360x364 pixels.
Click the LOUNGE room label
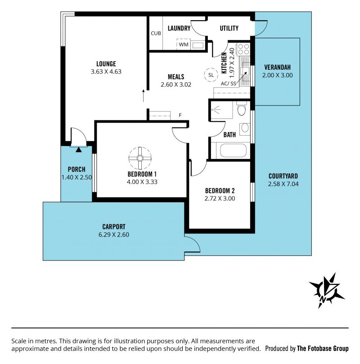pos(106,64)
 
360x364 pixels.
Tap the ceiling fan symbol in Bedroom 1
pos(140,158)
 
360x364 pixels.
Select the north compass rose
pos(327,291)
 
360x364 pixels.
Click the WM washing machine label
pos(184,44)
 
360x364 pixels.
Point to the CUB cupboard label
pos(156,33)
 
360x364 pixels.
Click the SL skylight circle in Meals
pos(211,75)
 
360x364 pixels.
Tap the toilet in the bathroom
pos(242,109)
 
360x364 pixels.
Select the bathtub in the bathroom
pos(233,150)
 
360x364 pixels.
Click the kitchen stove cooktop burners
pos(243,49)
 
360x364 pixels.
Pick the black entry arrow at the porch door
pos(79,150)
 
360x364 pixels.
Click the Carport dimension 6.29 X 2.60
pos(114,234)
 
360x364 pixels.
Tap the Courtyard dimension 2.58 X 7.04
pos(283,184)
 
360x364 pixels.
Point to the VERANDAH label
pos(277,67)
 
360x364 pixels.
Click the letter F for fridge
pos(180,115)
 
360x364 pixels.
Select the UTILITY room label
pos(229,28)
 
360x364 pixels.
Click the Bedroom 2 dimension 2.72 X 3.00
pos(220,199)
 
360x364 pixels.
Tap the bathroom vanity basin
pos(245,128)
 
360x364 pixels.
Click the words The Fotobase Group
pos(323,348)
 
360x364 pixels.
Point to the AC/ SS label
pos(228,84)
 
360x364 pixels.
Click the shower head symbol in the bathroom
pos(216,109)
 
